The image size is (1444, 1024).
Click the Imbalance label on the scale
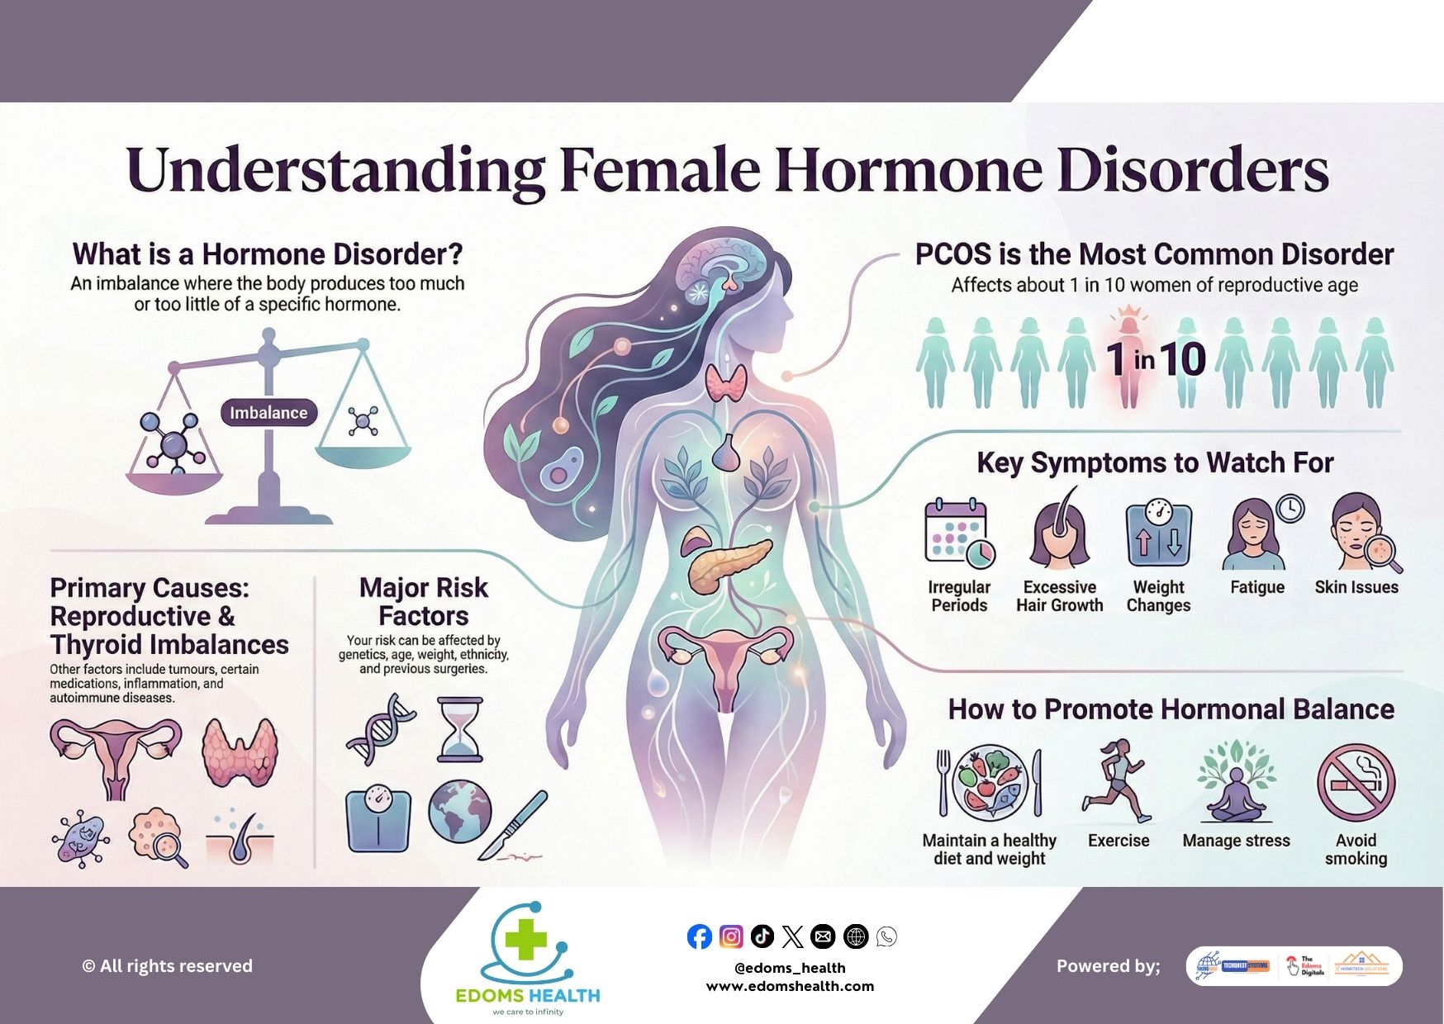click(268, 413)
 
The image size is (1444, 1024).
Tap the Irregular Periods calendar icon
click(958, 533)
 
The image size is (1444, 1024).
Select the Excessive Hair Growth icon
click(1059, 533)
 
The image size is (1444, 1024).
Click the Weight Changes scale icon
click(1158, 534)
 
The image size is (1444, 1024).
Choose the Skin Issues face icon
click(1359, 533)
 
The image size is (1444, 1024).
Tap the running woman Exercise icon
click(1115, 781)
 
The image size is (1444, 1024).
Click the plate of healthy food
click(990, 782)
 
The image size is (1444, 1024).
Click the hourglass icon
click(460, 730)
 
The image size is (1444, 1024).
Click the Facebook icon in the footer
click(699, 936)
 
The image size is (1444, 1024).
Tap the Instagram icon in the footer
click(731, 936)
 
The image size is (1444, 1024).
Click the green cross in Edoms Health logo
click(526, 941)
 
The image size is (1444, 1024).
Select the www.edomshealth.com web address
click(790, 986)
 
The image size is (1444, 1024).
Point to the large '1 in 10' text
click(1157, 359)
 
